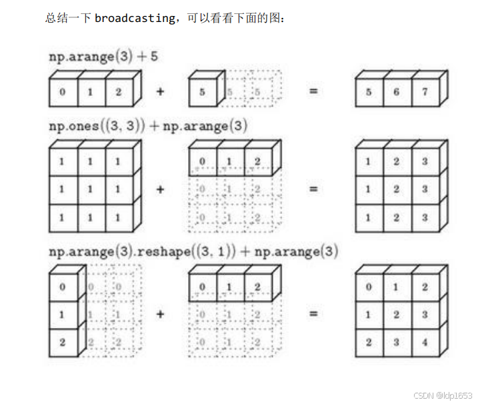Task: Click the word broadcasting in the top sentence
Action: click(134, 18)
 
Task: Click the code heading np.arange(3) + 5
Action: click(103, 57)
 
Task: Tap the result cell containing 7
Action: click(425, 92)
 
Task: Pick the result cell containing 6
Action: click(397, 92)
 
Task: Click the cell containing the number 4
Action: click(425, 343)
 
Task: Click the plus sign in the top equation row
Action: click(160, 91)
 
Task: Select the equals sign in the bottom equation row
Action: click(313, 314)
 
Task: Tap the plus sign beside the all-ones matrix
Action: click(160, 189)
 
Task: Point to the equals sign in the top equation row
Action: click(313, 91)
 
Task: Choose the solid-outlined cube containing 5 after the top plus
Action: click(203, 92)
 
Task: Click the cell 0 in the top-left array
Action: click(63, 92)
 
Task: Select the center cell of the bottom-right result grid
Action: click(397, 315)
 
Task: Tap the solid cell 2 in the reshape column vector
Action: click(63, 343)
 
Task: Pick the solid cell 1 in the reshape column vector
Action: click(63, 315)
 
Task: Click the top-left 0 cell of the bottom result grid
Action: click(369, 287)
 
